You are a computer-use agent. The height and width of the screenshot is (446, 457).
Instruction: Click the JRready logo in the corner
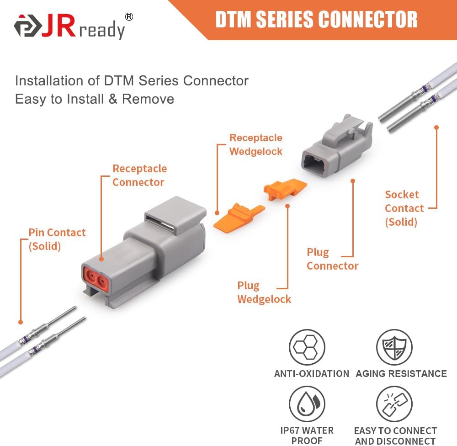[69, 27]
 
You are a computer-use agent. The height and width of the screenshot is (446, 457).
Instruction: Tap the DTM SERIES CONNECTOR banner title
[316, 20]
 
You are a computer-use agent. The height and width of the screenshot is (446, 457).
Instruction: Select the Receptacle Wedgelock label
[255, 144]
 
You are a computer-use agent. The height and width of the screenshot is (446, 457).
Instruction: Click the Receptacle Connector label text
[139, 175]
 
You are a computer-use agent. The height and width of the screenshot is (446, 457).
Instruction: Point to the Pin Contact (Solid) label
[57, 239]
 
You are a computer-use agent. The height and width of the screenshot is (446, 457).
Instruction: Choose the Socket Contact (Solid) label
[404, 208]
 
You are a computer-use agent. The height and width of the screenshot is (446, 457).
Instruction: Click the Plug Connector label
[332, 259]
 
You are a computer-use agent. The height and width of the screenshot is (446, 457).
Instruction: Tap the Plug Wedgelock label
[264, 292]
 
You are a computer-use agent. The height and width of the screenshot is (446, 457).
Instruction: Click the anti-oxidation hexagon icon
[307, 347]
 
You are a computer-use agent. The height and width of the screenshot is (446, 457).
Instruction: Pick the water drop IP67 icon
[307, 404]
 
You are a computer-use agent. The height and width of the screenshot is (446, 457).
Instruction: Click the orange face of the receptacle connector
[96, 277]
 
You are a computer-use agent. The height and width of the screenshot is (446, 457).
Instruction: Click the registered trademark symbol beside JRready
[129, 17]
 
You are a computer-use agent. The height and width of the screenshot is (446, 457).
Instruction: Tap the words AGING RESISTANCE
[401, 374]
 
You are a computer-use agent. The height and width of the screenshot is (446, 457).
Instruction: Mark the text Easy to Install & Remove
[95, 99]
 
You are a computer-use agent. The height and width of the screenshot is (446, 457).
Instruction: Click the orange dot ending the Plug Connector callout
[353, 181]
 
